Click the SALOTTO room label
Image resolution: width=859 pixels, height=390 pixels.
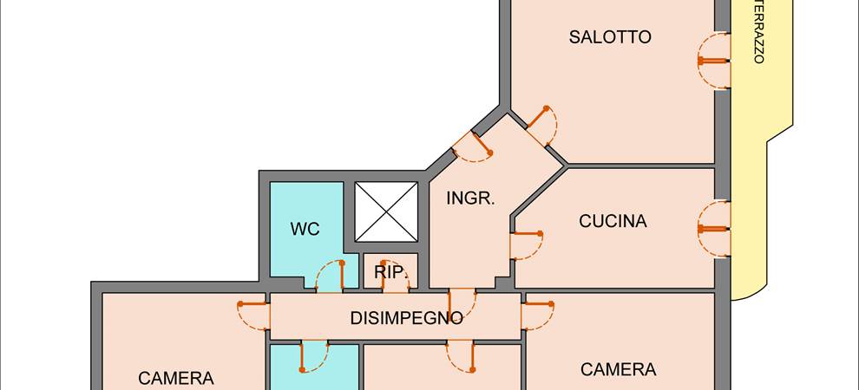tap(610, 37)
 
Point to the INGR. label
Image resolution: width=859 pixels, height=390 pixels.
tap(470, 198)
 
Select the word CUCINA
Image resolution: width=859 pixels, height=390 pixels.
tap(613, 221)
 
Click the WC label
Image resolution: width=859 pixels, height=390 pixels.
tap(305, 230)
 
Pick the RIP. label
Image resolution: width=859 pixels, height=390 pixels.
tap(391, 273)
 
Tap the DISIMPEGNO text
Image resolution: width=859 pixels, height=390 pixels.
tap(406, 318)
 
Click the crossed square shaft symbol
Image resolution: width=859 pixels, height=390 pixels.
tap(386, 211)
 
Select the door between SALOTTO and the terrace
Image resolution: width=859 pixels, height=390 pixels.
tap(713, 62)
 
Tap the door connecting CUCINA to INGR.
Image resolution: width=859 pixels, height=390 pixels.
tap(526, 244)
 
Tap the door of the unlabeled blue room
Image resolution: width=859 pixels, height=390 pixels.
tap(314, 355)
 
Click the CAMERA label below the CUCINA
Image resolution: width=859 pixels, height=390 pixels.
tap(618, 370)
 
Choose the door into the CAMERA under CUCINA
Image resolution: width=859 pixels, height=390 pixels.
tap(537, 315)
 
